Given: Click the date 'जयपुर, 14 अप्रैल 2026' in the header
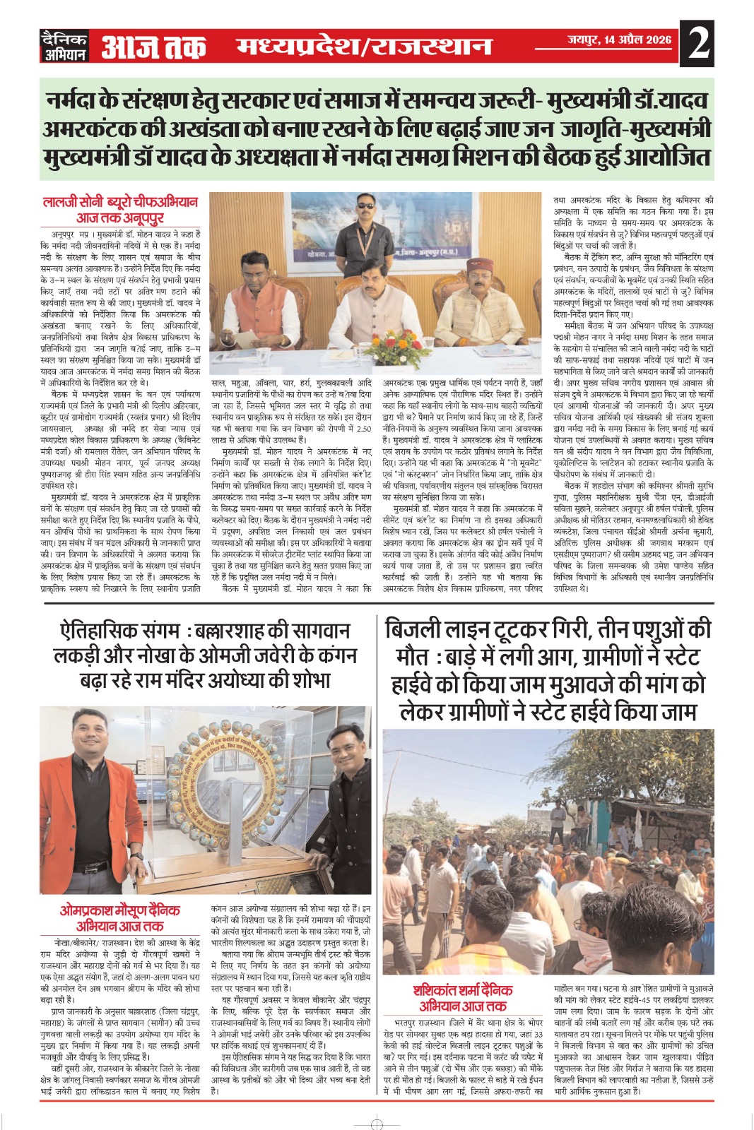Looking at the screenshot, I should coord(619,40).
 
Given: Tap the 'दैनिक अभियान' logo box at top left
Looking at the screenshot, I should coord(64,46).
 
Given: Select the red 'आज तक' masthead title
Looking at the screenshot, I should coord(153,47).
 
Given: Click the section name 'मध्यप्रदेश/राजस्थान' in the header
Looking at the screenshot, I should coord(364,46).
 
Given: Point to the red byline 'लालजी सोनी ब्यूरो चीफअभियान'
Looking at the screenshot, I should coord(121,202).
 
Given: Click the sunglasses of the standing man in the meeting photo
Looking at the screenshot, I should coord(365,206).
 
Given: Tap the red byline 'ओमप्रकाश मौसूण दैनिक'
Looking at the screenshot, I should coord(119,910).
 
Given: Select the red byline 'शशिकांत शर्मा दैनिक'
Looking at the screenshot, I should coord(463,990).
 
